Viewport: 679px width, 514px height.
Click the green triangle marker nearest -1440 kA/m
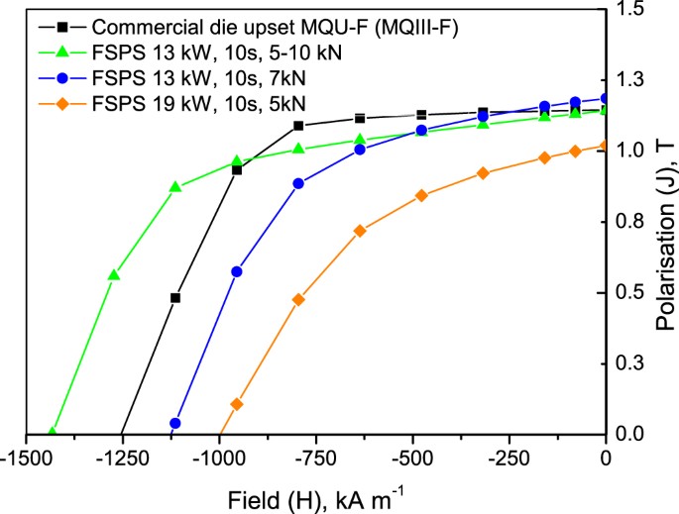point(53,432)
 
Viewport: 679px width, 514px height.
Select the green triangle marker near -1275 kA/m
point(114,274)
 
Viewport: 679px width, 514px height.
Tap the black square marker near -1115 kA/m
point(175,297)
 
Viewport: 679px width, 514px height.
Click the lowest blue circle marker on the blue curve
point(175,423)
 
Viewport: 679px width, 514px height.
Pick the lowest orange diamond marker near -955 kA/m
point(237,404)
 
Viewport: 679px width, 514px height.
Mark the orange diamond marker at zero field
point(606,146)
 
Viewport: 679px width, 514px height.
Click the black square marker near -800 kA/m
point(298,126)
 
